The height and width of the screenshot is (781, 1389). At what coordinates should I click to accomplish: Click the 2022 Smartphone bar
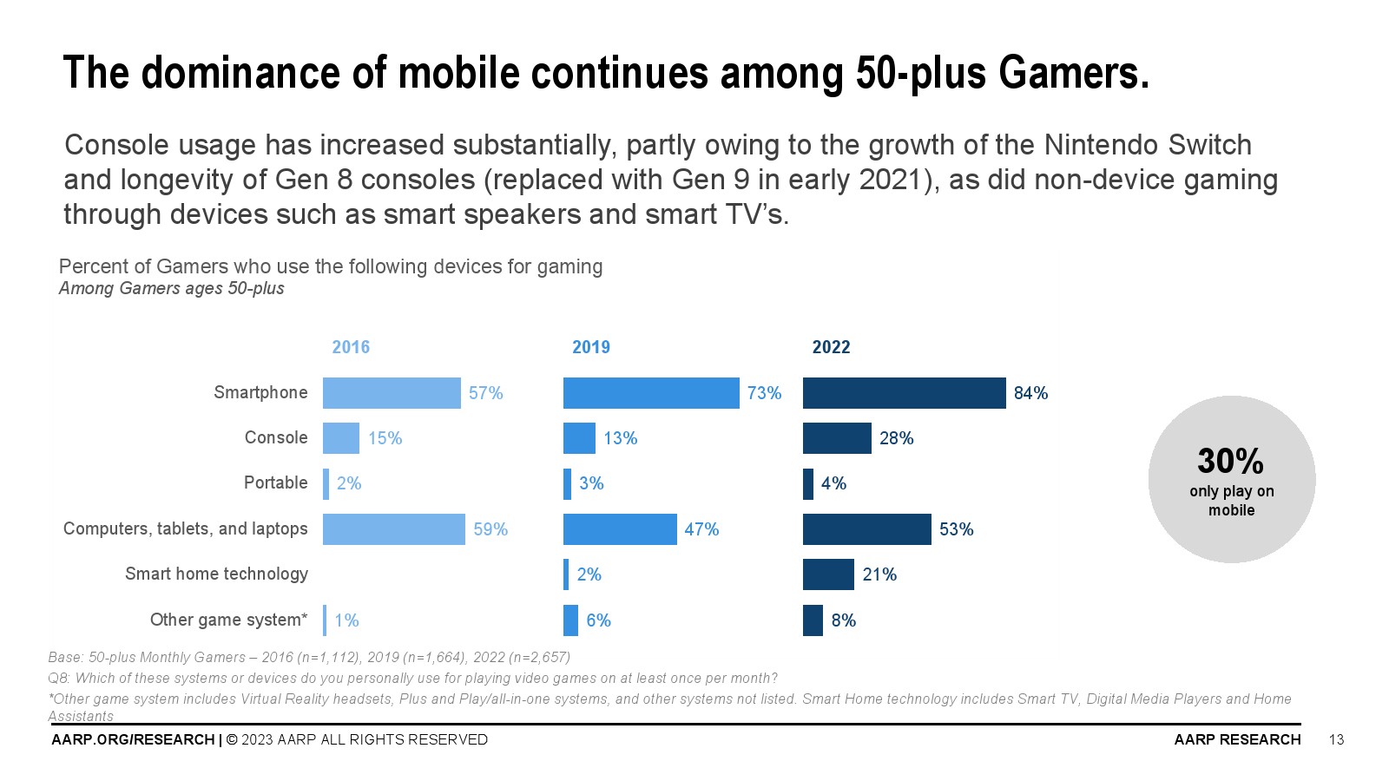(904, 393)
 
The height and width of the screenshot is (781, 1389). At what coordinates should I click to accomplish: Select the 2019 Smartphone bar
(651, 393)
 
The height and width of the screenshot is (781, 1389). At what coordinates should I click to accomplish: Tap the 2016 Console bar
(340, 438)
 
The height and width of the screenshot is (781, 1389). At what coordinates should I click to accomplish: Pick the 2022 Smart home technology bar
(828, 574)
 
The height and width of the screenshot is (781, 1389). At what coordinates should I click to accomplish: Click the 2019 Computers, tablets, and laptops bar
(620, 529)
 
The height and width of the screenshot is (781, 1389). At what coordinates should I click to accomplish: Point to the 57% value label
(485, 393)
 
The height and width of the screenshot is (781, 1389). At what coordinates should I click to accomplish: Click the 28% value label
(896, 438)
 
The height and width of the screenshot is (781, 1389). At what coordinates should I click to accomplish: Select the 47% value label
(701, 529)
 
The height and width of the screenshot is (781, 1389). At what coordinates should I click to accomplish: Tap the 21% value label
(879, 574)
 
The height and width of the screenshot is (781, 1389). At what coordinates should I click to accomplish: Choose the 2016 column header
(351, 347)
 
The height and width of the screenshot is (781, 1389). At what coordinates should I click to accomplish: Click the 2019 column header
(591, 347)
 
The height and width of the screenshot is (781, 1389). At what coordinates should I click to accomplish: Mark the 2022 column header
(831, 347)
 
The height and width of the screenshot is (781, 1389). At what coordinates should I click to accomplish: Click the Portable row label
(275, 482)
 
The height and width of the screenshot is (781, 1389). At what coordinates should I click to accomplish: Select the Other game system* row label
(228, 620)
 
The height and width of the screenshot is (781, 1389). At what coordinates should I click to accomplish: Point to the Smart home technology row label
(216, 574)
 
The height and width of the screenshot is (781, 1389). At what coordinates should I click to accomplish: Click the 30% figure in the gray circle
(1230, 461)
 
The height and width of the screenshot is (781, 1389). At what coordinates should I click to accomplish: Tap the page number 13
(1336, 739)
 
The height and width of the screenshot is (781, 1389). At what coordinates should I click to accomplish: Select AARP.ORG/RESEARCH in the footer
(133, 739)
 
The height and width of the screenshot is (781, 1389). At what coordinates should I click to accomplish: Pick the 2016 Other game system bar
(326, 620)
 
